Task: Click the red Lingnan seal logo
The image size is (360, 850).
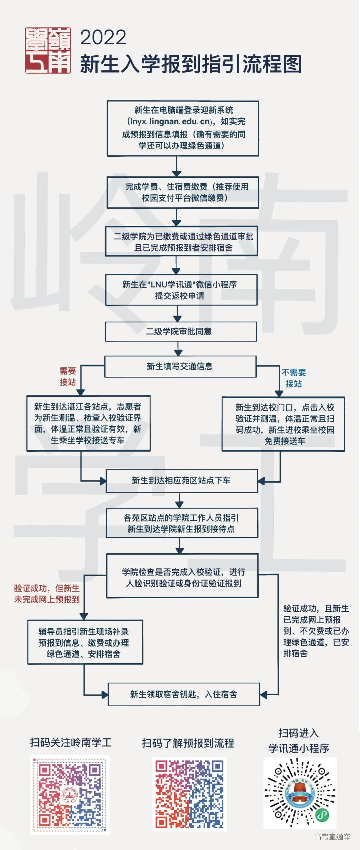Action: click(48, 50)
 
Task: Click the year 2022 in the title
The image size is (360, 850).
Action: click(103, 37)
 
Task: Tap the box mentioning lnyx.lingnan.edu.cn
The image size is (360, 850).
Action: click(183, 128)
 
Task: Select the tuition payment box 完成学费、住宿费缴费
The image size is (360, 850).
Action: click(183, 192)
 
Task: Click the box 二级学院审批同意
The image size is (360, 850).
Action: click(181, 331)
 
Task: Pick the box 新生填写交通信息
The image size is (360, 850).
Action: click(180, 366)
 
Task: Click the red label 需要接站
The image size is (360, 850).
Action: click(68, 376)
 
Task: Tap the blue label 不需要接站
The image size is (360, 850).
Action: click(294, 378)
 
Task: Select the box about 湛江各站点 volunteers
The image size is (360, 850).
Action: click(88, 423)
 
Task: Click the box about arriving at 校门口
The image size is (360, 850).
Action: click(283, 424)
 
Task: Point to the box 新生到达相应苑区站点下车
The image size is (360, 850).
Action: click(182, 481)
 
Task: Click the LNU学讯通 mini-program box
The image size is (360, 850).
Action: click(181, 290)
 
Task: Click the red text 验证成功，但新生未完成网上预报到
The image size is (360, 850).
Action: click(47, 594)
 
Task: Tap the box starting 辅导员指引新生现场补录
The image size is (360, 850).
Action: click(85, 642)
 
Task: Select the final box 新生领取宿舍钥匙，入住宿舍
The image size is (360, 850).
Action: click(184, 694)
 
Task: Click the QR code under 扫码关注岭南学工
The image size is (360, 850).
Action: click(70, 795)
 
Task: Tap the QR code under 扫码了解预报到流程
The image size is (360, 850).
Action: click(189, 794)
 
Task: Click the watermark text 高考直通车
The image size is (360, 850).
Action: click(332, 836)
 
